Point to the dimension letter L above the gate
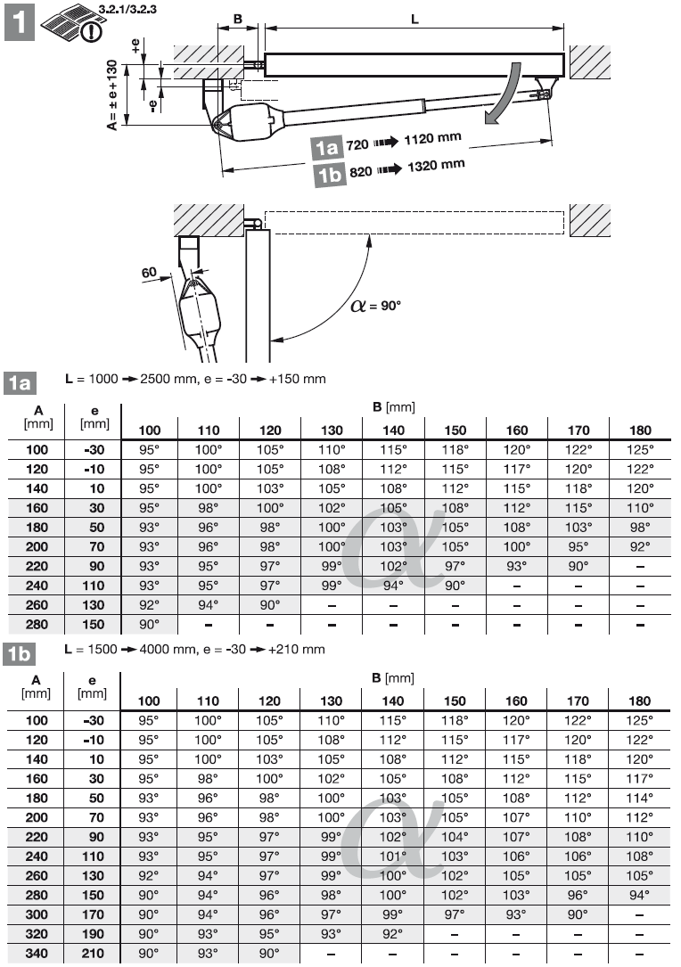[x=415, y=19]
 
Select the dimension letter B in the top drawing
[x=237, y=19]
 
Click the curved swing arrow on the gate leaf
[x=501, y=96]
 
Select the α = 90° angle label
[x=375, y=305]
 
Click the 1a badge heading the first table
[x=20, y=384]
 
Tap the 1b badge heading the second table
[x=20, y=654]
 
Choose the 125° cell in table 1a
[x=639, y=450]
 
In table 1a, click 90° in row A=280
[x=150, y=625]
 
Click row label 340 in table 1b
[x=36, y=954]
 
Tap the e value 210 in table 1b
[x=93, y=954]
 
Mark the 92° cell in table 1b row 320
[x=393, y=935]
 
